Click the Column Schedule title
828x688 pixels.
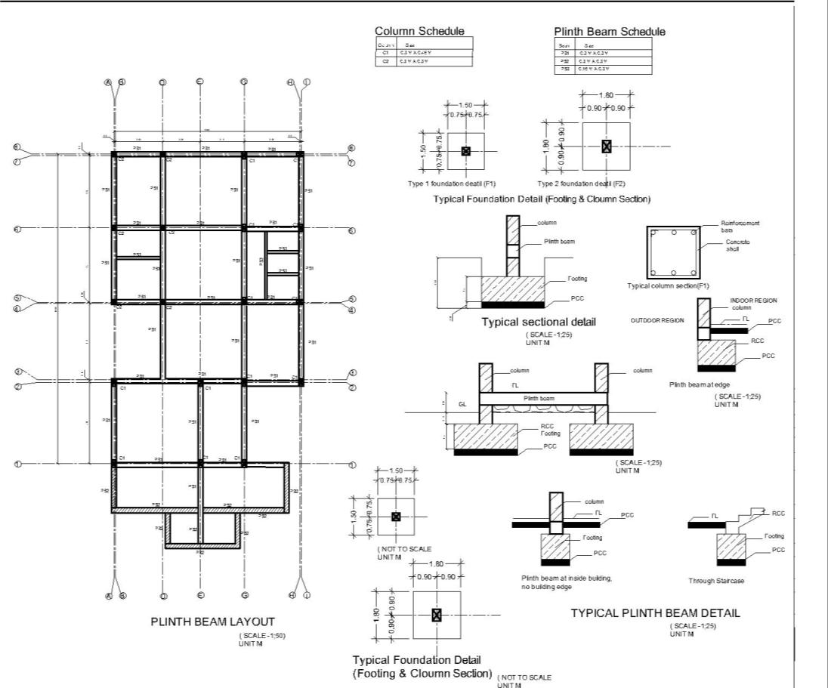point(419,31)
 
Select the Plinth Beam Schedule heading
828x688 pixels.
point(610,32)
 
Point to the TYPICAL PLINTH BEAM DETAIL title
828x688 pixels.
point(655,613)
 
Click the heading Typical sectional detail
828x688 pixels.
point(539,322)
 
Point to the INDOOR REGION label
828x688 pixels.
point(753,301)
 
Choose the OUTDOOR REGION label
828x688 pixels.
point(657,320)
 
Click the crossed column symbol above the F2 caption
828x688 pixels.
point(606,147)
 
